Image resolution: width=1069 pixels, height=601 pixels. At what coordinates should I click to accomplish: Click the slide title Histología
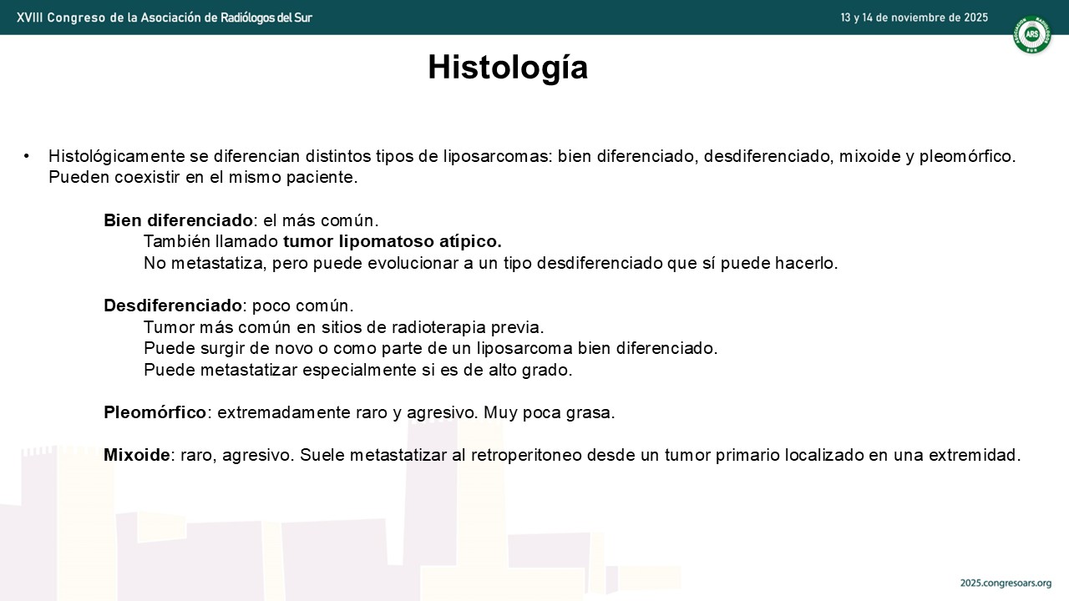[508, 68]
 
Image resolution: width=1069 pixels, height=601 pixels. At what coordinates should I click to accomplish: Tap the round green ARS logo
[1031, 34]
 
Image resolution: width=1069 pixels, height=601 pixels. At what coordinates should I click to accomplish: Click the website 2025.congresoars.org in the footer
[1006, 583]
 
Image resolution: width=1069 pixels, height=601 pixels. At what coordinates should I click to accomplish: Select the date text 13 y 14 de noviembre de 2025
[914, 18]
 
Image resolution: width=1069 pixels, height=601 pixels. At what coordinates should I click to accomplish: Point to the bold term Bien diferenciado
[178, 220]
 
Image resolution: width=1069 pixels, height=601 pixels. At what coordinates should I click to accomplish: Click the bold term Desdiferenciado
[173, 306]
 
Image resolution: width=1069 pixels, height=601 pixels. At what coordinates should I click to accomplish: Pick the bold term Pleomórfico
[155, 412]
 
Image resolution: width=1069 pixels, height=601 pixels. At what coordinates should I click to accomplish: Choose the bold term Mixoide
[136, 455]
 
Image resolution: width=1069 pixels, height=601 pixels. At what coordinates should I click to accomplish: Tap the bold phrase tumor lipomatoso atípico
[393, 241]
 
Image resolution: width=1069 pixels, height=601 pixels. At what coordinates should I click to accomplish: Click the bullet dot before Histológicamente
[26, 156]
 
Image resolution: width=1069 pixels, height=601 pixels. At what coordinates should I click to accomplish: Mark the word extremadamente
[284, 412]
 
